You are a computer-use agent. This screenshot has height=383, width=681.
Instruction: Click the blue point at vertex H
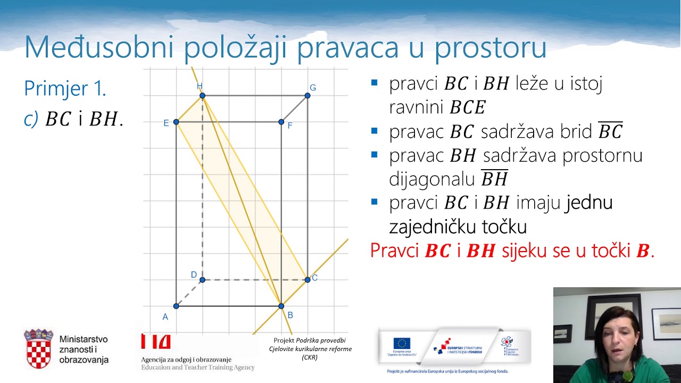point(202,96)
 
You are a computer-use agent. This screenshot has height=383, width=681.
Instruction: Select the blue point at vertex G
point(308,96)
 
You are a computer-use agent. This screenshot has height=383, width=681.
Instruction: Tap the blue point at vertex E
point(176,122)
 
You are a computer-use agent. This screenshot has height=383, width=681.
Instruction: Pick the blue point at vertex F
point(281,122)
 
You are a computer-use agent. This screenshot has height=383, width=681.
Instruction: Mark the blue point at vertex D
point(202,279)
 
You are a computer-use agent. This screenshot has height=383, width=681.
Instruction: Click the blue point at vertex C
point(308,279)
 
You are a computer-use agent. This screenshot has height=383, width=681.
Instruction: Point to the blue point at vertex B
point(281,306)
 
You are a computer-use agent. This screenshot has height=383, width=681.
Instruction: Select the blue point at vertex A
point(176,306)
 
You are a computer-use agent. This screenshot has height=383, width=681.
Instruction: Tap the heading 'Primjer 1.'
point(65,88)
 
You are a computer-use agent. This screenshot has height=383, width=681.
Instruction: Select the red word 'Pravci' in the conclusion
point(395,251)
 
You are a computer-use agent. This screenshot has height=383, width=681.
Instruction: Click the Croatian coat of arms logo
point(38,348)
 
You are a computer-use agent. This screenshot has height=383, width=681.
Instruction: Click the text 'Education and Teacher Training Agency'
point(197,368)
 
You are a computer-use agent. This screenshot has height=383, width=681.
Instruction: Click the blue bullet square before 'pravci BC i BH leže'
point(375,83)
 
